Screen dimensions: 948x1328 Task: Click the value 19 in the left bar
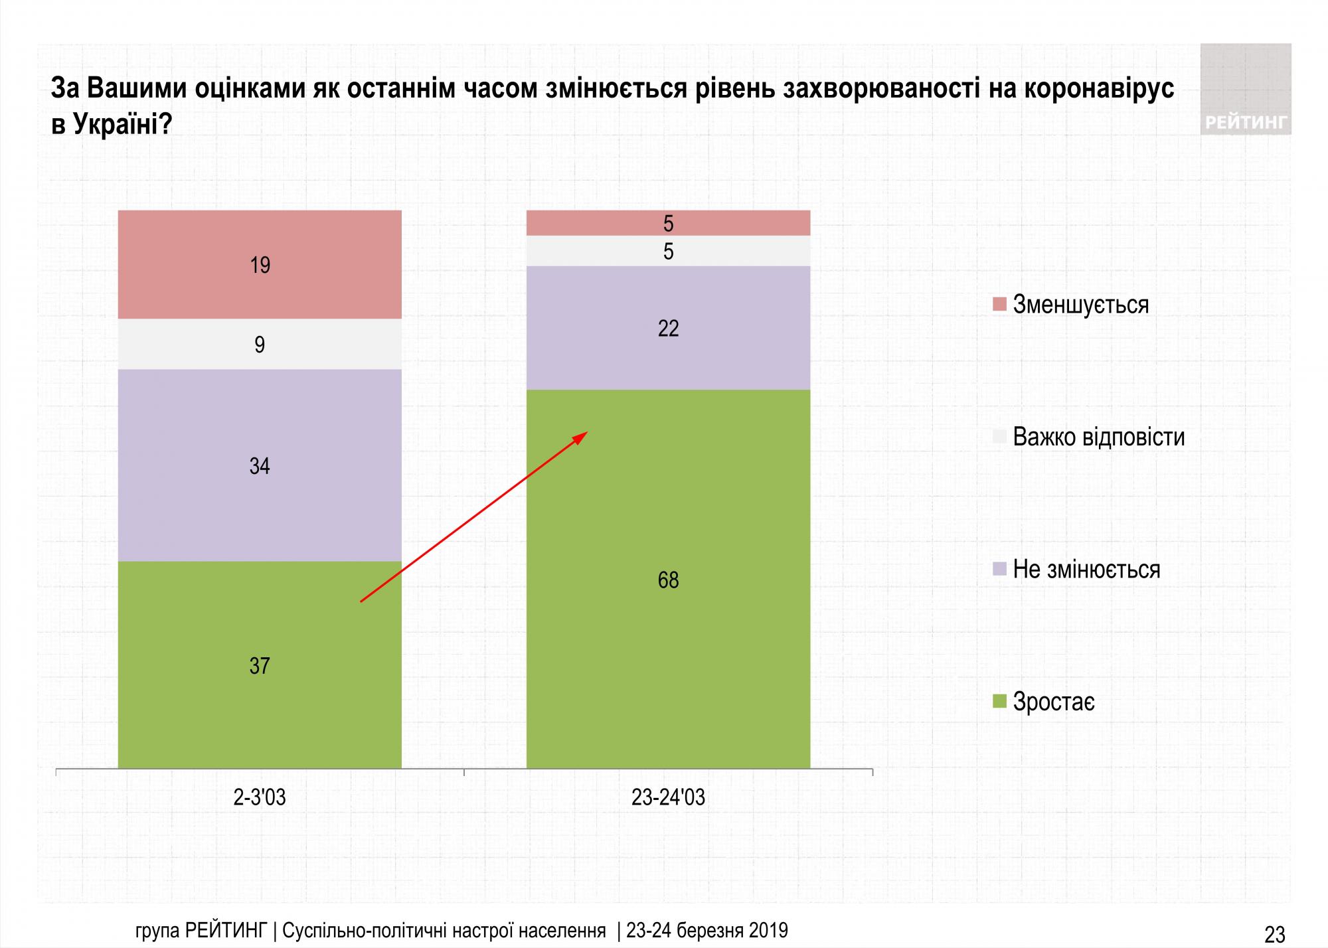[x=260, y=266]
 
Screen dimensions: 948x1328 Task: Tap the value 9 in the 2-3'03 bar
[x=260, y=345]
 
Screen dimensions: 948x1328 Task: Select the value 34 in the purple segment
[x=260, y=466]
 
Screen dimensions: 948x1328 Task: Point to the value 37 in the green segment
[x=260, y=666]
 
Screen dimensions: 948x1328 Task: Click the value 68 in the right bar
[x=668, y=580]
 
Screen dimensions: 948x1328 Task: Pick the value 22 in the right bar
[x=668, y=329]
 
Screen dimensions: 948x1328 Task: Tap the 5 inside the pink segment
[x=668, y=224]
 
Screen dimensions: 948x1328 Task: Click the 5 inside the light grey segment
[x=668, y=252]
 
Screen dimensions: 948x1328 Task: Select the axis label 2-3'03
[x=260, y=797]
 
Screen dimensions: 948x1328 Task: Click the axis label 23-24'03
[x=668, y=797]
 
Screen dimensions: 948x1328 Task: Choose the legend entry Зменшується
[x=1080, y=305]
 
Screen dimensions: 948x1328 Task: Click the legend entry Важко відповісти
[x=1098, y=437]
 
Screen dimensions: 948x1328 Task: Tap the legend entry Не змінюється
[x=1086, y=570]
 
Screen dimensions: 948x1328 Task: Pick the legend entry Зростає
[x=1054, y=702]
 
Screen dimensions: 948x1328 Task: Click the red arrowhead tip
[x=586, y=433]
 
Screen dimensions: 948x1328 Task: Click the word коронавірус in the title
[x=1099, y=89]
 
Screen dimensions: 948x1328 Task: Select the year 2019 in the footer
[x=768, y=930]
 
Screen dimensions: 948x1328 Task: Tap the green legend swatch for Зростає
[x=999, y=702]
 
